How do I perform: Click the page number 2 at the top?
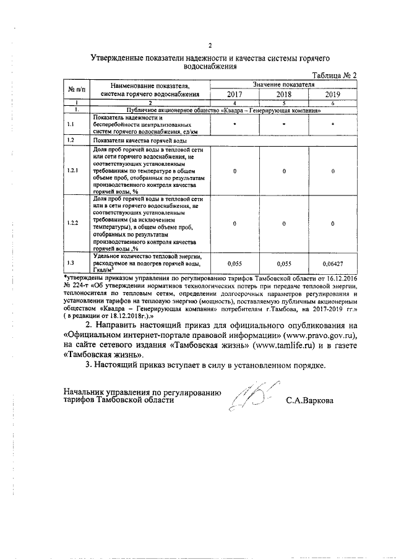[x=210, y=45]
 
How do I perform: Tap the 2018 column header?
[x=284, y=95]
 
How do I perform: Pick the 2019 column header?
[x=333, y=95]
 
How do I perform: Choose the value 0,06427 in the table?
[x=333, y=264]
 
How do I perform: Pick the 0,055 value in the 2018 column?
[x=284, y=264]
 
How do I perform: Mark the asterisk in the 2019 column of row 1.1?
[x=333, y=125]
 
